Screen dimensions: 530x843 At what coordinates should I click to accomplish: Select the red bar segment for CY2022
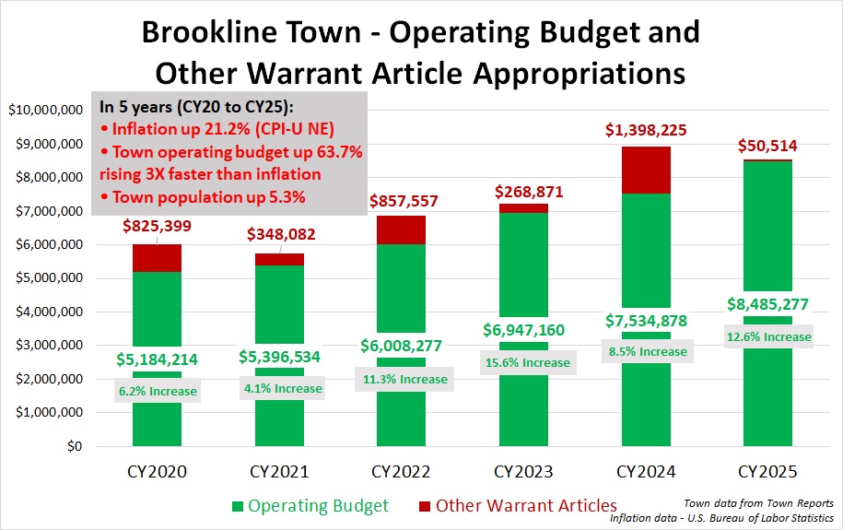pyautogui.click(x=401, y=230)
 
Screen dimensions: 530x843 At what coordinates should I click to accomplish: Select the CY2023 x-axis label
pyautogui.click(x=523, y=472)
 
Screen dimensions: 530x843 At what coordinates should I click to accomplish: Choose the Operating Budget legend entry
pyautogui.click(x=310, y=505)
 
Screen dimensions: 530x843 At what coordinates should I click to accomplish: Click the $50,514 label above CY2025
pyautogui.click(x=767, y=146)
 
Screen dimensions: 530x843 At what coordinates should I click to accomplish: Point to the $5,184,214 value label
pyautogui.click(x=156, y=359)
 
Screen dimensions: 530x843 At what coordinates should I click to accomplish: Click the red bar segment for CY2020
pyautogui.click(x=156, y=258)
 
